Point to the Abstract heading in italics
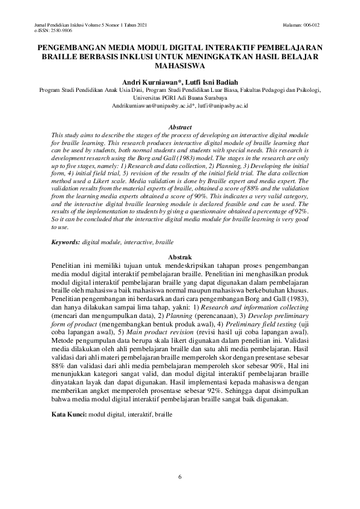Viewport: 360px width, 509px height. click(x=180, y=128)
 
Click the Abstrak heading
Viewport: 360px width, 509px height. click(x=180, y=258)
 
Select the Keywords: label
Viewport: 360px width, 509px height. click(x=66, y=242)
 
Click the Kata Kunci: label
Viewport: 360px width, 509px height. click(x=69, y=417)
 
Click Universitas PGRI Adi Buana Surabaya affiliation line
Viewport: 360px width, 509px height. click(x=180, y=97)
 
